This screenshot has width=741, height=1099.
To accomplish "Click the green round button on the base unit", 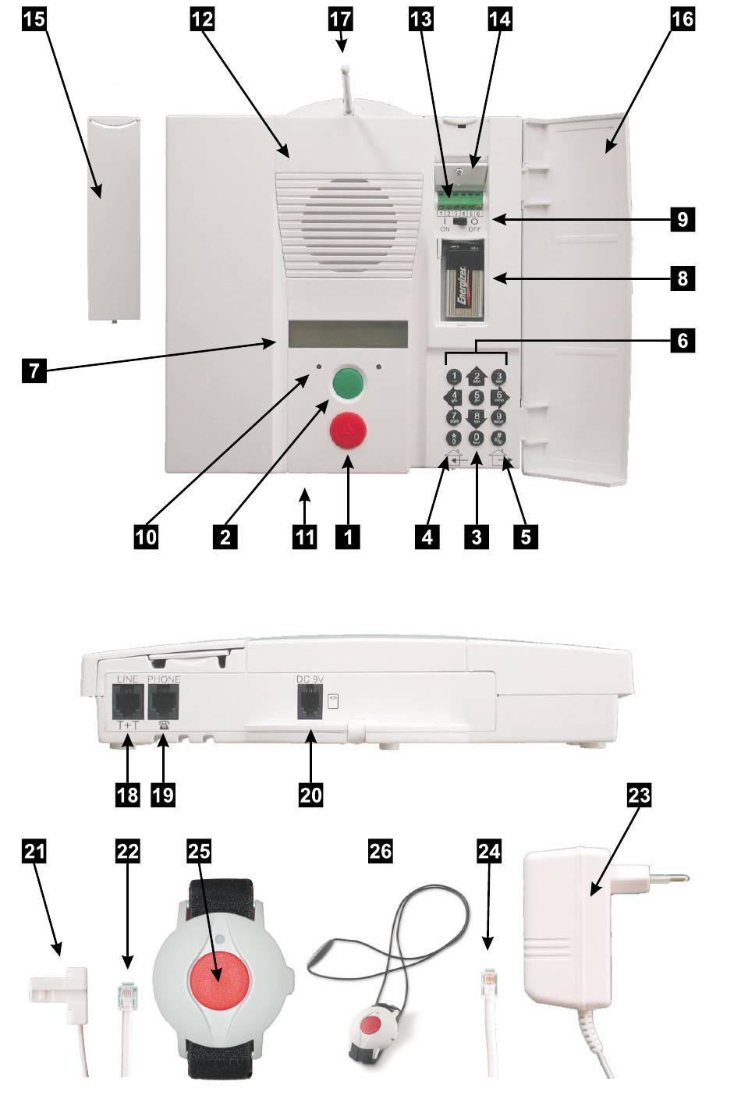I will tap(348, 383).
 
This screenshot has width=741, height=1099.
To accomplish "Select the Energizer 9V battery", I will tap(462, 291).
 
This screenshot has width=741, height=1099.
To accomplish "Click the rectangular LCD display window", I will tap(348, 334).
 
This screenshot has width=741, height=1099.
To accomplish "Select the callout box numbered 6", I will tap(682, 340).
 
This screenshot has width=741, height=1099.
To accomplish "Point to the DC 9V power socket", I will tap(310, 704).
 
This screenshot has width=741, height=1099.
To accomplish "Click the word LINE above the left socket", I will tap(126, 679).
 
